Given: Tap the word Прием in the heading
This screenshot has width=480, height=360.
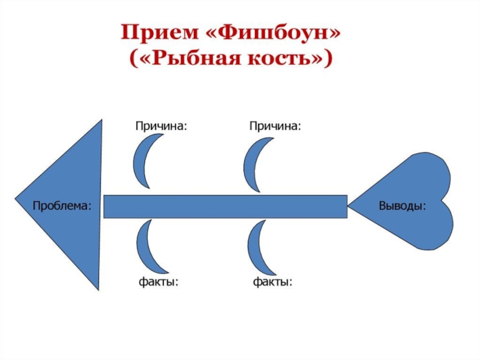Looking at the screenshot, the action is pos(160,32).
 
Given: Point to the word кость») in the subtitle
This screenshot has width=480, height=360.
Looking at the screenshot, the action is pos(290,58).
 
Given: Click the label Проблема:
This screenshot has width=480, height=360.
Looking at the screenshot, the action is pos(62,205).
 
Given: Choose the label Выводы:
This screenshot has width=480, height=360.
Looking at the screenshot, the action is pos(402,205).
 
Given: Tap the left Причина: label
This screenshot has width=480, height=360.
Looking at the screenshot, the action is pos(161,126).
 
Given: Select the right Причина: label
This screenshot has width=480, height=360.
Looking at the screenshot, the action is pos(275,126).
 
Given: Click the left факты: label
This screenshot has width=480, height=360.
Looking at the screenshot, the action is pos(158,281).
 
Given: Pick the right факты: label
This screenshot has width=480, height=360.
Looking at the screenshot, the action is pos(272,281).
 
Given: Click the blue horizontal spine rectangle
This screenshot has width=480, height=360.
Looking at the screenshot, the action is pos(226,206).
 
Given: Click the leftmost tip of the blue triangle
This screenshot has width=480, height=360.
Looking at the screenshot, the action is pos(15,199).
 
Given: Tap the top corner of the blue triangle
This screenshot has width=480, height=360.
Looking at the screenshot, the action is pos(101,119).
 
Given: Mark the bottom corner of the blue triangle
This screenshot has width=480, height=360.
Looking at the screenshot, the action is pos(98,290).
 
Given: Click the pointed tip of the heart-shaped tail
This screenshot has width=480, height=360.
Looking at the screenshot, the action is pos(348,205).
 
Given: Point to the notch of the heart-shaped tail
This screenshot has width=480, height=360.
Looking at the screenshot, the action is pos(442,201).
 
